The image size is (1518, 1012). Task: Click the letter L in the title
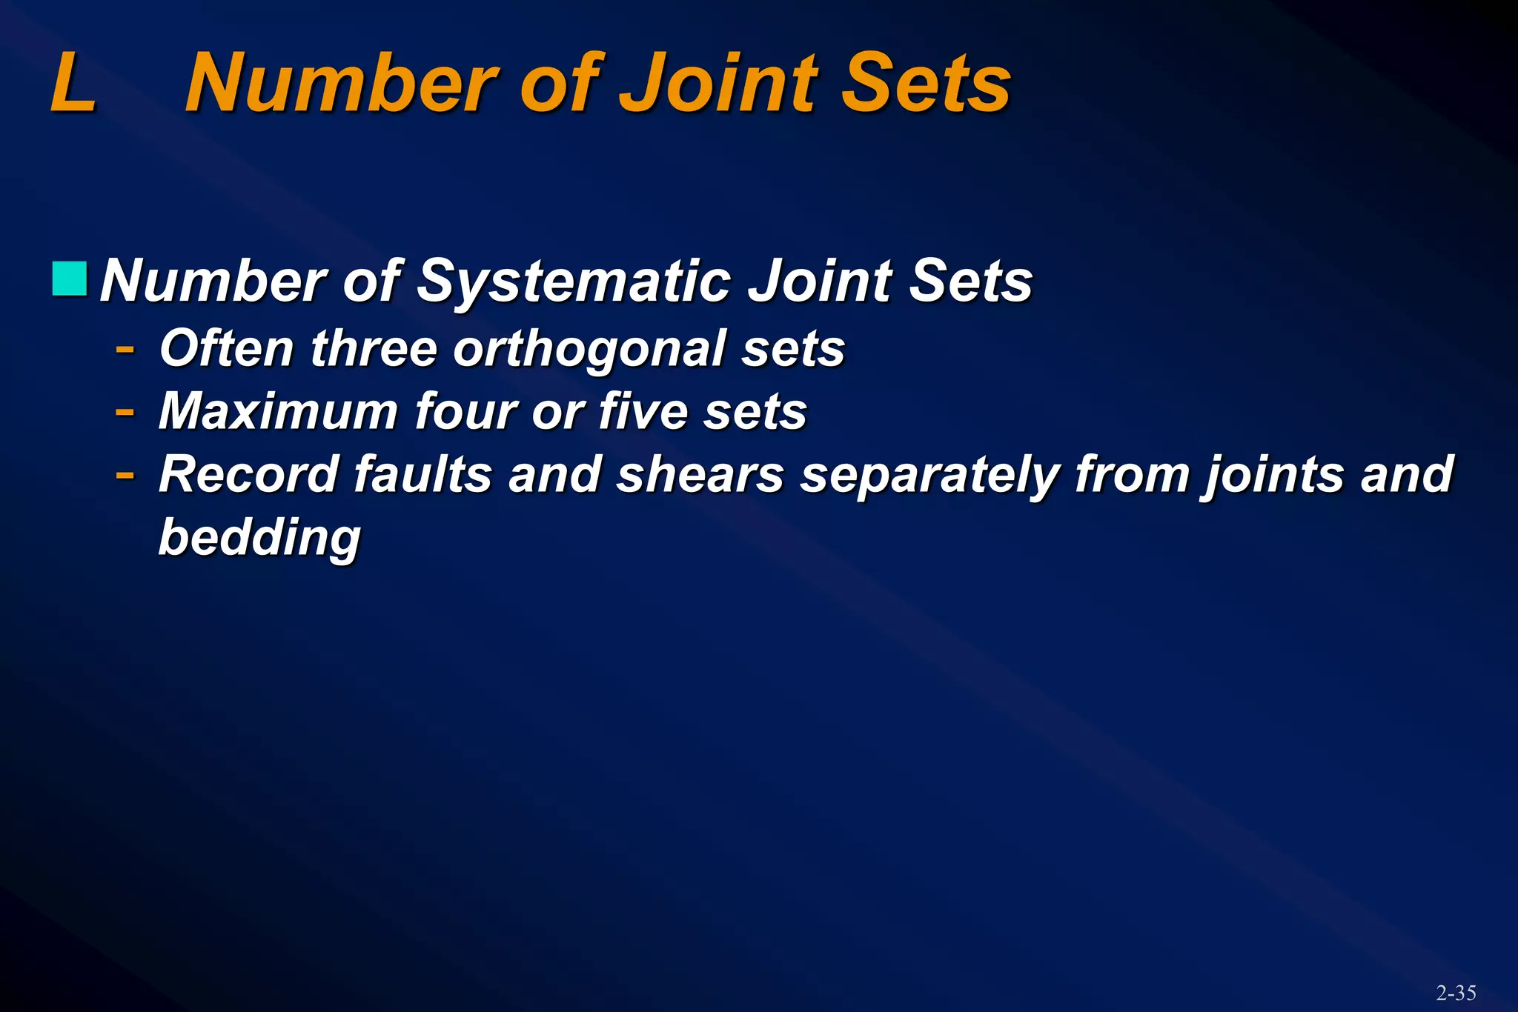coord(73,83)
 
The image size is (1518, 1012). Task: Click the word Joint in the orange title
coord(719,83)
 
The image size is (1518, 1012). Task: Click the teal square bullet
coord(70,279)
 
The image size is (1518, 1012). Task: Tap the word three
coord(374,347)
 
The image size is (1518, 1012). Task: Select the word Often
coord(227,347)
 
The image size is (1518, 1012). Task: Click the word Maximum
coord(279,411)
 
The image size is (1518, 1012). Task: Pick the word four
coord(465,411)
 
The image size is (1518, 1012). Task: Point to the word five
coord(643,411)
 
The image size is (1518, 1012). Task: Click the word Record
coord(248,474)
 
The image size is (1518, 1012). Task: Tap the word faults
coord(422,474)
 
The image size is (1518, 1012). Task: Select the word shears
coord(700,474)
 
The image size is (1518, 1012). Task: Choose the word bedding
coord(259,537)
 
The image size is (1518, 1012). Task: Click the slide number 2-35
coord(1456,993)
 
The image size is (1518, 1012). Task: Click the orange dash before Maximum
coord(125,410)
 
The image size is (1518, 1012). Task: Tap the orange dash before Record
coord(125,473)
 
